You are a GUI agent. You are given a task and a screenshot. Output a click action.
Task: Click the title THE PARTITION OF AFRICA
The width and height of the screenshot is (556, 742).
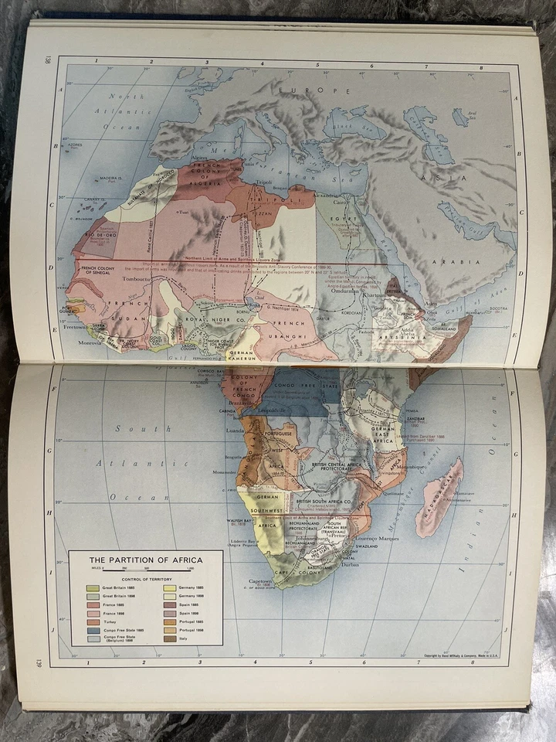[x=145, y=560]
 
